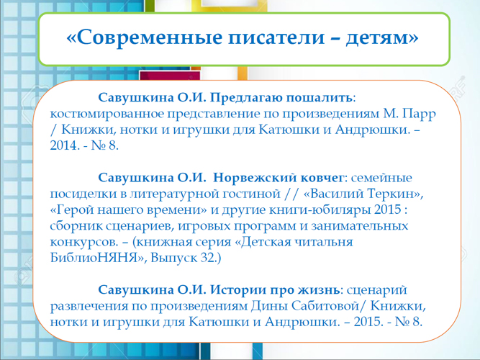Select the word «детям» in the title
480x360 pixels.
379,38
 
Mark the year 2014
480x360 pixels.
63,145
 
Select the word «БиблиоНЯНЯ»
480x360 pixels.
95,258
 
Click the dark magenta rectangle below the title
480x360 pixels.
170,76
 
